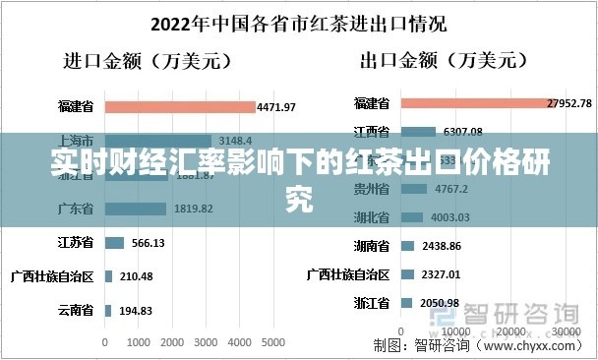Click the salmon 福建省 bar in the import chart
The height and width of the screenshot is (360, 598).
177,105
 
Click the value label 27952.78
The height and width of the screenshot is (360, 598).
572,103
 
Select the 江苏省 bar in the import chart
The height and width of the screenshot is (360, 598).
113,242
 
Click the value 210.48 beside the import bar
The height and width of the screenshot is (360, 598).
136,276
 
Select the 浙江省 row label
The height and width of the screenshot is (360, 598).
370,303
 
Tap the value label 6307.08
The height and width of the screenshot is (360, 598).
463,132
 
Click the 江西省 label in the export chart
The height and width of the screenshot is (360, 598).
370,131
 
